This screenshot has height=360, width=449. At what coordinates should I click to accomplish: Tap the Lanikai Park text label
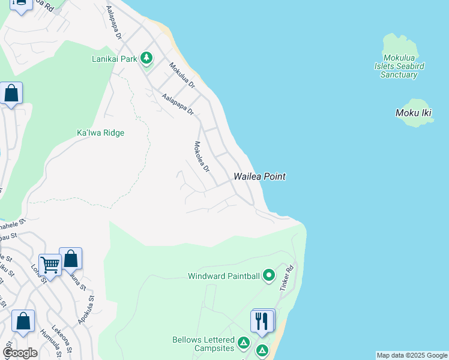(x=115, y=59)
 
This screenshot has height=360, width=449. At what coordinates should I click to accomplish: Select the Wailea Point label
(x=259, y=176)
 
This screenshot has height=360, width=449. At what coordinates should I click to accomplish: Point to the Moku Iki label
(x=414, y=113)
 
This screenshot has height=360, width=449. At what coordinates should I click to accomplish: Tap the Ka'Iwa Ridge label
(x=100, y=133)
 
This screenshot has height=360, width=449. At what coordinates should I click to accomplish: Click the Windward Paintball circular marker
(x=269, y=276)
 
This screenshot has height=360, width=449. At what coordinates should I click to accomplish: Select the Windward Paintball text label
(x=223, y=277)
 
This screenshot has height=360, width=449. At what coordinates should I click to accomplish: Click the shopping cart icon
(x=49, y=263)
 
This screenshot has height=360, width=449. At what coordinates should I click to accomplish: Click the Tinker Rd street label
(x=286, y=278)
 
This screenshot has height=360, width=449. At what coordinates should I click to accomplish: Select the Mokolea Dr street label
(x=201, y=157)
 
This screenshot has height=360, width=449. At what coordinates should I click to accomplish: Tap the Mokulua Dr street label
(x=182, y=76)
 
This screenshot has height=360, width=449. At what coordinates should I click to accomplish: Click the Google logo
(x=20, y=353)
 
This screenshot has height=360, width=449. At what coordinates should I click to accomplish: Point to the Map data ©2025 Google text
(x=412, y=355)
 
